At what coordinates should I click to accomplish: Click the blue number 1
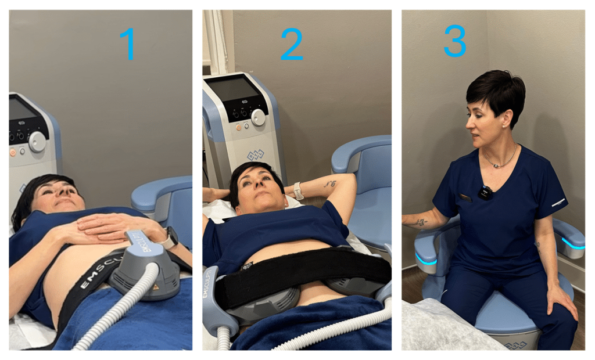point(127,44)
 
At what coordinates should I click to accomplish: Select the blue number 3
point(454,41)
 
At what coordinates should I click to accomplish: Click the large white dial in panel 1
point(37,142)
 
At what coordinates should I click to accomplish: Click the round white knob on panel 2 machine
point(258,117)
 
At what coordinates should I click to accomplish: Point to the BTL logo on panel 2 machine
point(255,156)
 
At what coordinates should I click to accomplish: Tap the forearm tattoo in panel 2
point(330,184)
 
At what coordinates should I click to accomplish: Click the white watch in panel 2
point(299,190)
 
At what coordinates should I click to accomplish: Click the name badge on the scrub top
point(465,197)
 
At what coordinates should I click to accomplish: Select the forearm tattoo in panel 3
point(420,222)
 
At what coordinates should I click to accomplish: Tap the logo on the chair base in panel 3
point(515,345)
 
